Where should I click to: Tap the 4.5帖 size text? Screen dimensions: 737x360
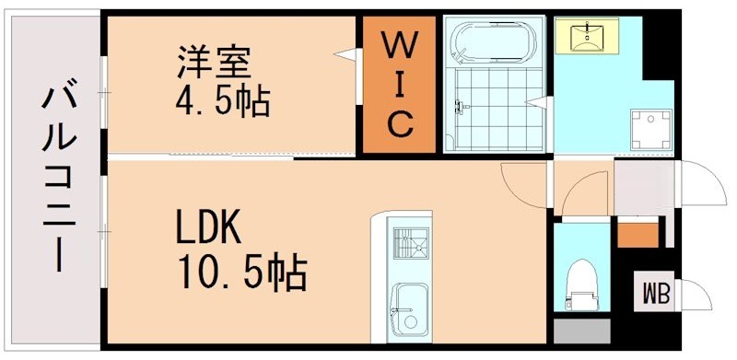(223, 99)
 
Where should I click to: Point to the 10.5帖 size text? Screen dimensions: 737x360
(240, 270)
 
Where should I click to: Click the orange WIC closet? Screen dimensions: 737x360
(398, 85)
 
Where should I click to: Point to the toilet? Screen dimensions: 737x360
(581, 282)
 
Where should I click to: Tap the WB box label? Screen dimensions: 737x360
(657, 295)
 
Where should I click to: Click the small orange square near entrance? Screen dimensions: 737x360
(636, 234)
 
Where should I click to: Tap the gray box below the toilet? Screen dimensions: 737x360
(581, 330)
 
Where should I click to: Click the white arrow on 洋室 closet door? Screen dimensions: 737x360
(347, 57)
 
